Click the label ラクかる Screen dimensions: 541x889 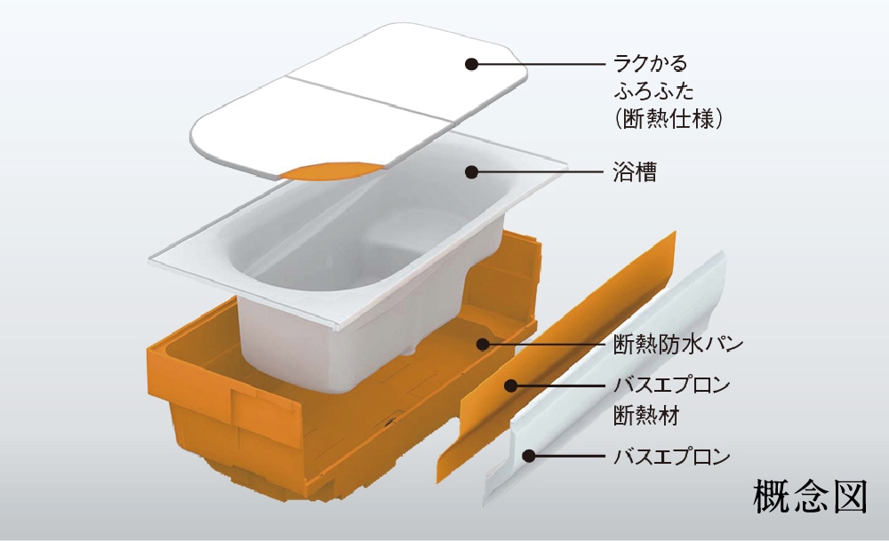tap(651, 64)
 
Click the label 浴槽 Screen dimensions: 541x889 tap(635, 172)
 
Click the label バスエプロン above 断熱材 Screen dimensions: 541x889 tap(671, 386)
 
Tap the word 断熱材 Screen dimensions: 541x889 tap(643, 412)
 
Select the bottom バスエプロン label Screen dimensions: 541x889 tap(671, 457)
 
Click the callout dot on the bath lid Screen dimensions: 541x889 tap(472, 63)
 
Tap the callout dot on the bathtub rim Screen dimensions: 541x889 tap(472, 172)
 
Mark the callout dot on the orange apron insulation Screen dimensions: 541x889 tap(511, 386)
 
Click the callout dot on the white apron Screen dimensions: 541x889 tap(528, 457)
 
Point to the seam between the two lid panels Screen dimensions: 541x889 tap(364, 104)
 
